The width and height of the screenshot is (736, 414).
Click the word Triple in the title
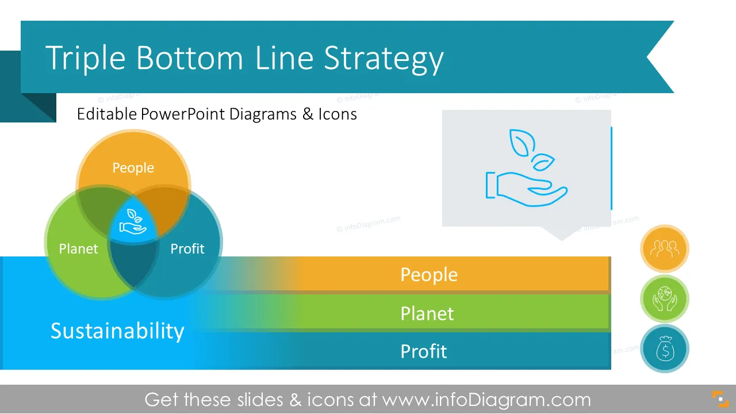(x=86, y=58)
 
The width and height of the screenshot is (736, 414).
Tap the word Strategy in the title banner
(x=384, y=60)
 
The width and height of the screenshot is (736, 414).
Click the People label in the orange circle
(x=133, y=168)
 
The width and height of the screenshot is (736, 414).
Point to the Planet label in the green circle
(x=78, y=249)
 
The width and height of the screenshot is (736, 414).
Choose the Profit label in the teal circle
(x=187, y=249)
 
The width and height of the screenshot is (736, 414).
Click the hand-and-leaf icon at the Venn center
(x=133, y=222)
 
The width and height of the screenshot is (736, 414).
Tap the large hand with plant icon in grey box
(x=526, y=168)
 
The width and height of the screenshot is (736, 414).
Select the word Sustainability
(x=117, y=331)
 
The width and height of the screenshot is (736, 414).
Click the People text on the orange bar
(x=429, y=275)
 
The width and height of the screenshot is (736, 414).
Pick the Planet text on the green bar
(x=427, y=313)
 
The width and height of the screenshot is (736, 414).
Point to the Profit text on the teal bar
(x=424, y=351)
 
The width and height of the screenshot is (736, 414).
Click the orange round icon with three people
(x=664, y=249)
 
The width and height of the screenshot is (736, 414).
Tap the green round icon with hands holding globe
(x=664, y=298)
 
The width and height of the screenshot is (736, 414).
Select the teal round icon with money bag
(x=664, y=348)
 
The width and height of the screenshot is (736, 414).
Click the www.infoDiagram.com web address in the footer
(x=486, y=400)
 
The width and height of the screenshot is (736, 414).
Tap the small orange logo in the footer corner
(x=720, y=399)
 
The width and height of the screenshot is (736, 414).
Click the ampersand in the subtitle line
(x=308, y=114)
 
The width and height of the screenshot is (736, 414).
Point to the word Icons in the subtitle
(x=338, y=114)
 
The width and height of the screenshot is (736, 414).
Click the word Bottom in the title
(x=189, y=58)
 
